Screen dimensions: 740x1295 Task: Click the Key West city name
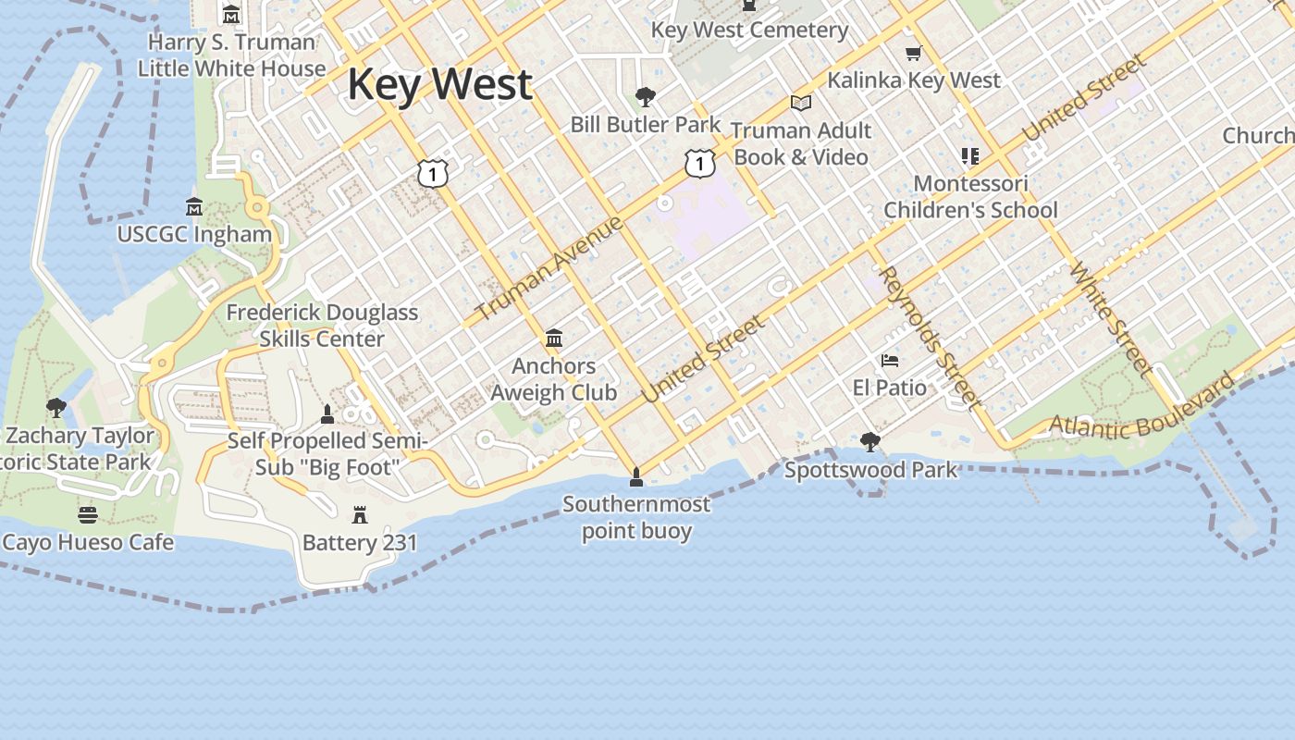pyautogui.click(x=440, y=84)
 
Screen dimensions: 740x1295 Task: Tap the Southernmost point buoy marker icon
pyautogui.click(x=635, y=477)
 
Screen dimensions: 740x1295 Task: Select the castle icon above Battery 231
pyautogui.click(x=360, y=514)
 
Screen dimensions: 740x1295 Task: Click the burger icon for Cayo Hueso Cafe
pyautogui.click(x=88, y=514)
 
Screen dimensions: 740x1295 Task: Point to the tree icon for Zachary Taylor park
pyautogui.click(x=56, y=407)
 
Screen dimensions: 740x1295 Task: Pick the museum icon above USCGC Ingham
pyautogui.click(x=194, y=205)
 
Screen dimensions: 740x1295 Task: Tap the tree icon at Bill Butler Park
pyautogui.click(x=646, y=96)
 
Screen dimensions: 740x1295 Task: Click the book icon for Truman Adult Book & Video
pyautogui.click(x=801, y=104)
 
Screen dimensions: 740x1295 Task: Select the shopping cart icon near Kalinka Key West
pyautogui.click(x=914, y=54)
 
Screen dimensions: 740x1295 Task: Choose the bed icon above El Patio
pyautogui.click(x=890, y=360)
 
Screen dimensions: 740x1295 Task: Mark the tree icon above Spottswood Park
pyautogui.click(x=869, y=442)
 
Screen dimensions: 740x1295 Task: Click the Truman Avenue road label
pyautogui.click(x=550, y=269)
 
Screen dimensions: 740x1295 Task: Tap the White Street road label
pyautogui.click(x=1111, y=320)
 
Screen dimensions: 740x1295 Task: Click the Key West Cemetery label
pyautogui.click(x=749, y=30)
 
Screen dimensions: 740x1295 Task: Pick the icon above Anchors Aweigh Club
pyautogui.click(x=554, y=339)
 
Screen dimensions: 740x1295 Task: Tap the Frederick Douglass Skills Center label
pyautogui.click(x=322, y=326)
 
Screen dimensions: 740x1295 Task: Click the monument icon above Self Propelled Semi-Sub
pyautogui.click(x=327, y=413)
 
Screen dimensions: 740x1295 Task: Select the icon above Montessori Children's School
pyautogui.click(x=969, y=155)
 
